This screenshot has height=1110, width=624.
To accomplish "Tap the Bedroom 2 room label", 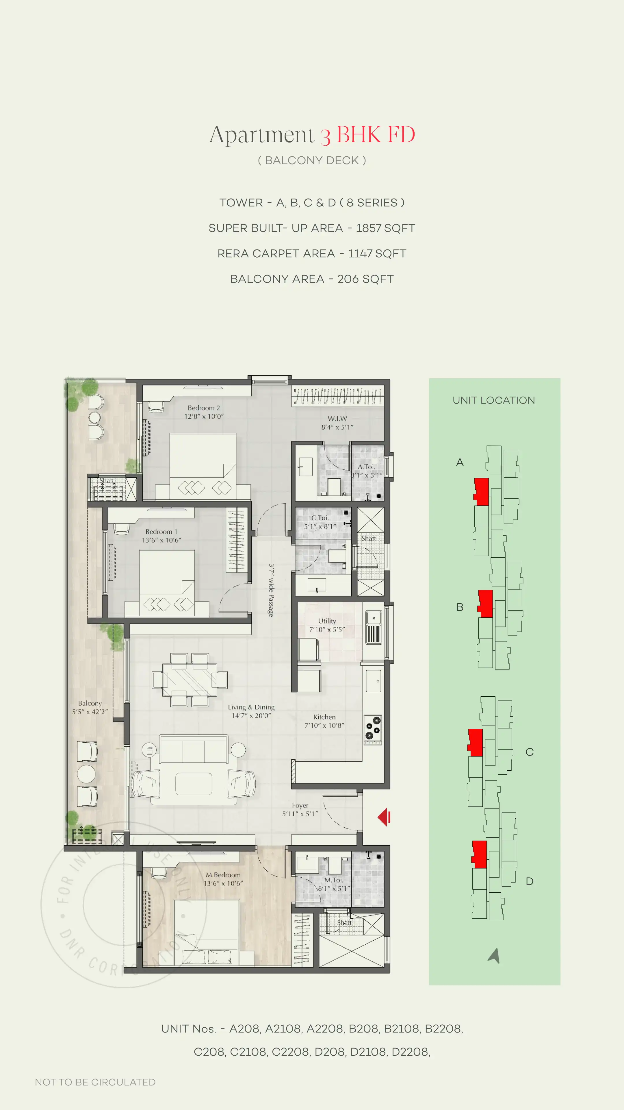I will [x=204, y=408].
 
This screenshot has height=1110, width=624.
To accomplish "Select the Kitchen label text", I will [x=324, y=717].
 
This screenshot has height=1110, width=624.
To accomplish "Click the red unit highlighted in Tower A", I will [x=482, y=492].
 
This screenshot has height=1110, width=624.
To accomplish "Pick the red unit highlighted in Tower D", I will [x=479, y=854].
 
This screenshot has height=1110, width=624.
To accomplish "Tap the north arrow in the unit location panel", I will [x=494, y=955].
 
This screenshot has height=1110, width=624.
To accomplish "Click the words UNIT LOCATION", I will [x=493, y=400].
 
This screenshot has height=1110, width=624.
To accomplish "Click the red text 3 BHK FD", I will [x=367, y=135].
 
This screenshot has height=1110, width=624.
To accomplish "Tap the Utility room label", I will [x=327, y=621].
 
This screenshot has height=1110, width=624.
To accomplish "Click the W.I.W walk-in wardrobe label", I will [x=337, y=418].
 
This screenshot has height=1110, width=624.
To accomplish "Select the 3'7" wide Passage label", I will [x=271, y=590].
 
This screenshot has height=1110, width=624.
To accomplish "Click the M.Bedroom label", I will [x=223, y=875].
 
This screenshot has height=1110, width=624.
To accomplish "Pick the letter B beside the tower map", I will [x=460, y=607].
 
